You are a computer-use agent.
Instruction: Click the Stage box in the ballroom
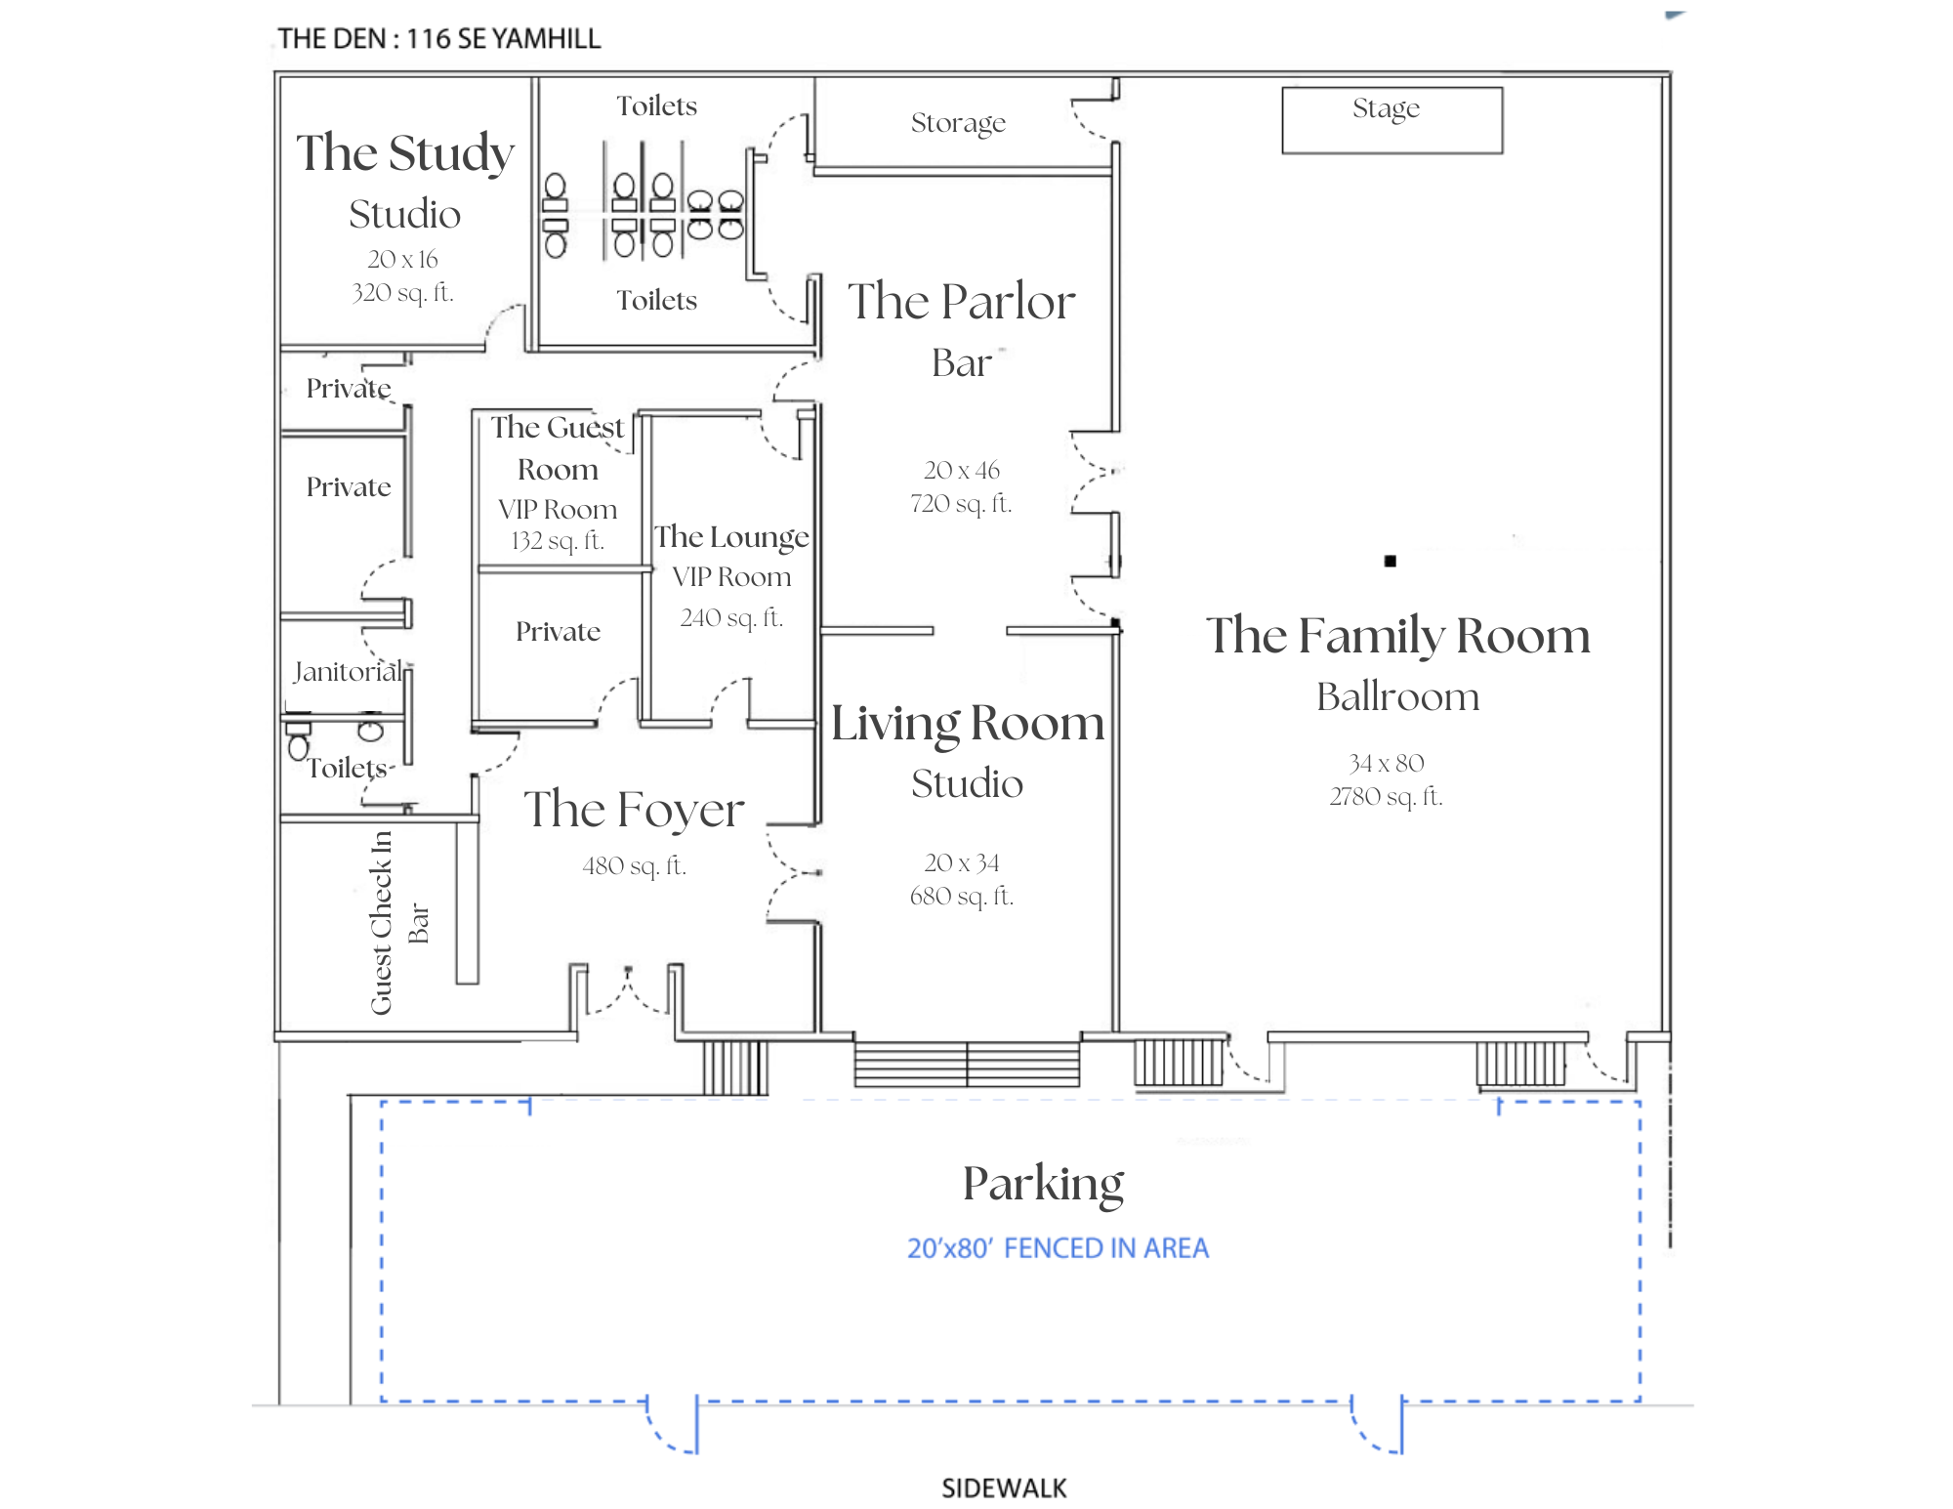[1391, 119]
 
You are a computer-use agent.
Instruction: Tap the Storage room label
[957, 123]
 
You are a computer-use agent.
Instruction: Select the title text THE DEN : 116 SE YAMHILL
[438, 39]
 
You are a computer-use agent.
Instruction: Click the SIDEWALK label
[1003, 1488]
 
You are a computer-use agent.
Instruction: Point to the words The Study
[404, 153]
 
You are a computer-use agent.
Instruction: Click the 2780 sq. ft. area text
[1385, 796]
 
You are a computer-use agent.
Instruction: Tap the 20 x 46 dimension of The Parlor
[961, 470]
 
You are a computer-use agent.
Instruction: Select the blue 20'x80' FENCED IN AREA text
[1058, 1248]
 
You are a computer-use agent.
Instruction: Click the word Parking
[1043, 1183]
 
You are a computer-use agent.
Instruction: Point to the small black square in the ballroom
[1390, 561]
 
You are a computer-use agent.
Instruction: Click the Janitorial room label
[348, 671]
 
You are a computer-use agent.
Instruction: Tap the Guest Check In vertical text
[381, 922]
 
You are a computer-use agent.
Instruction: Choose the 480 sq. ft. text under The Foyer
[634, 865]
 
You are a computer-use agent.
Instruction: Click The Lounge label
[731, 536]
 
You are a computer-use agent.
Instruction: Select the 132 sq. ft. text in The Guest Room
[557, 540]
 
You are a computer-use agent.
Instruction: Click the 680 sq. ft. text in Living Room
[961, 896]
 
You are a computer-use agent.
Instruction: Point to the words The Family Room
[1396, 636]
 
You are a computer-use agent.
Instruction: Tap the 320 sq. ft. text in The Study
[402, 292]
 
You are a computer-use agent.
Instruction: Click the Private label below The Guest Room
[558, 631]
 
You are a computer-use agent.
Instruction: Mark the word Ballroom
[1396, 697]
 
